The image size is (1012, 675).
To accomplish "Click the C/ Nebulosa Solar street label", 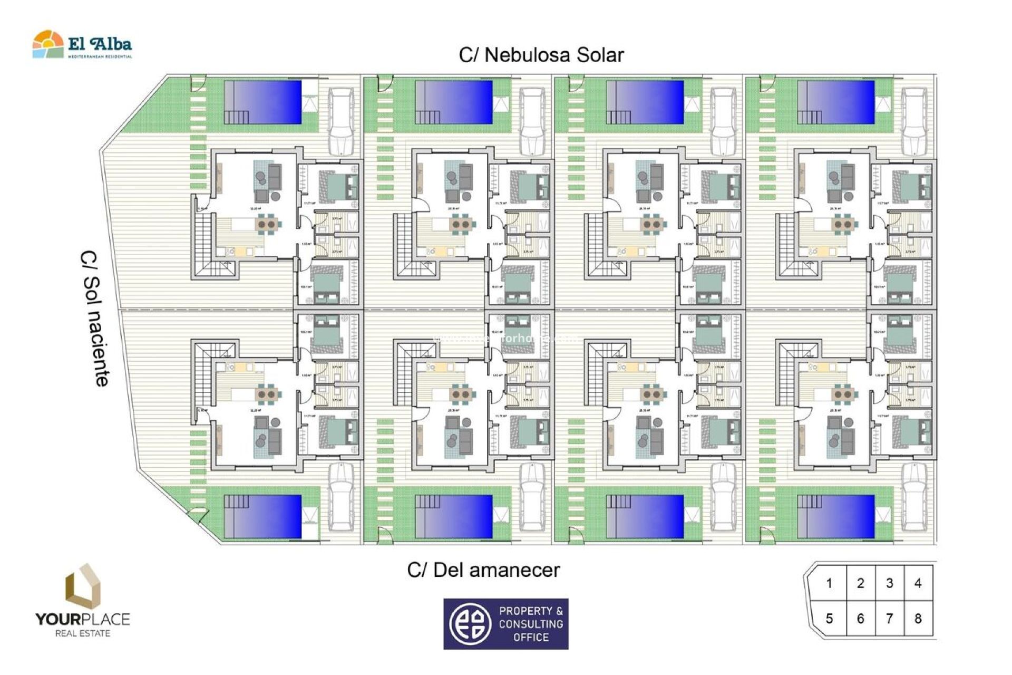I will coord(541,55).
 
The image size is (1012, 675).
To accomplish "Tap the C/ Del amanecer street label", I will coord(483,570).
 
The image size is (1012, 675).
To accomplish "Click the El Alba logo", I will coord(82,44).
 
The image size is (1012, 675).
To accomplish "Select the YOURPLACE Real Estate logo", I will coord(83,601).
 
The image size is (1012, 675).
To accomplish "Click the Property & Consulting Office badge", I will coord(506,624).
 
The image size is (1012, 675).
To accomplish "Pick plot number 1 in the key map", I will coord(829,583).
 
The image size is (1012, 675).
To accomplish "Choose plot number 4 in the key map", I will coord(918,583).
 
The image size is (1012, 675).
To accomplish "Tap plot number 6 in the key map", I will coord(860,619).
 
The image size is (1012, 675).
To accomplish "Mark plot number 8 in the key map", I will coord(918,619).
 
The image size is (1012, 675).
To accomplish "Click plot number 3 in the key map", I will coord(889,583).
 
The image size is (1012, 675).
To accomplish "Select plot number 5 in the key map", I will coord(829,619).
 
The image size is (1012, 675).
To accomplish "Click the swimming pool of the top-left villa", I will coord(263,102).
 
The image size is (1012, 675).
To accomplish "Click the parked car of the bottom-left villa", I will coord(340,497).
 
